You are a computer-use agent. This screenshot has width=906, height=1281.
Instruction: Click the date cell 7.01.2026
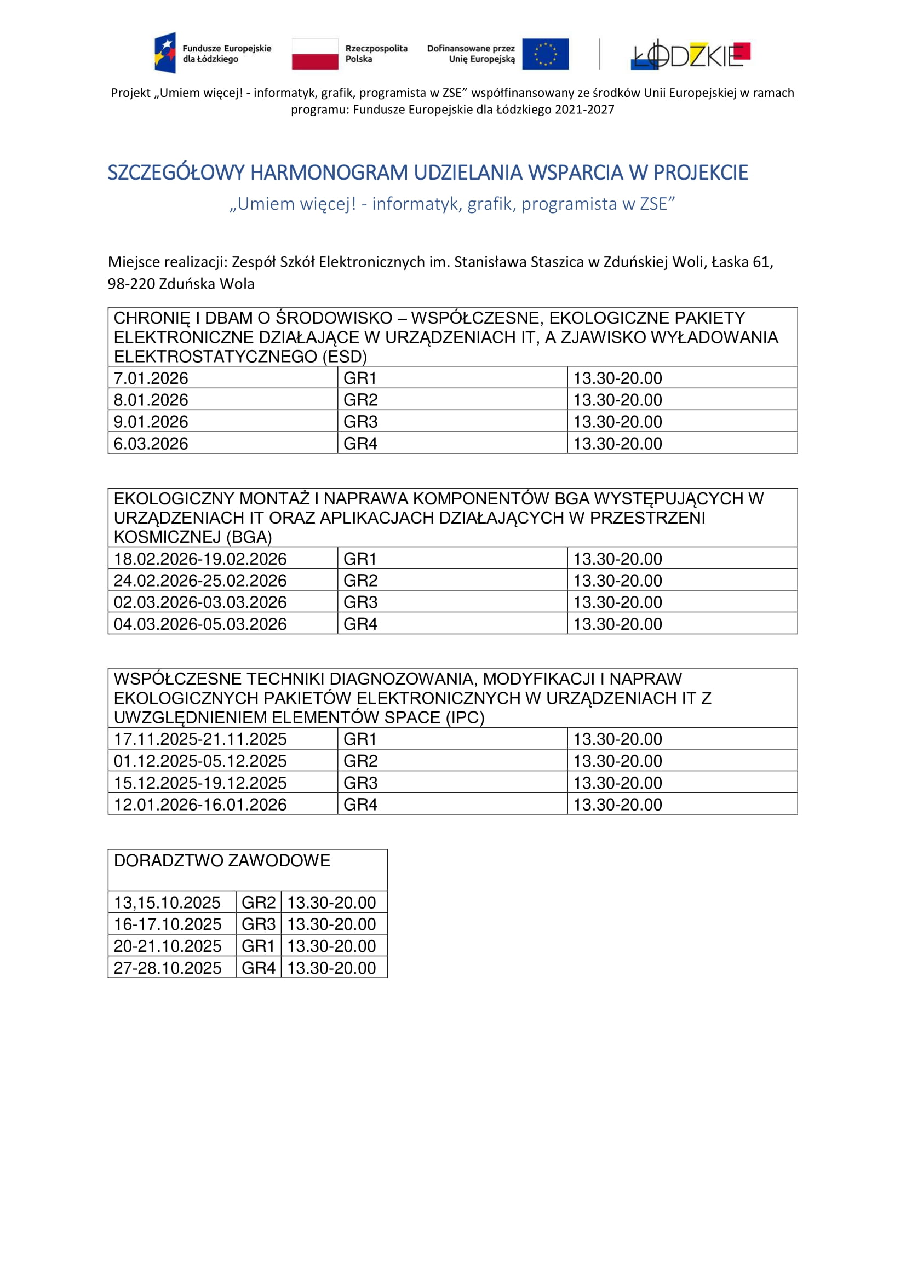click(x=151, y=378)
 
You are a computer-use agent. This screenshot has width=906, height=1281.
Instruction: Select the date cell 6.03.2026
click(x=151, y=444)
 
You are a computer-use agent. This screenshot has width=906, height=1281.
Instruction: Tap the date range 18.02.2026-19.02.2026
click(x=200, y=559)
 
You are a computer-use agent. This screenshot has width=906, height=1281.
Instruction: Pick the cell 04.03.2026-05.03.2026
click(x=200, y=624)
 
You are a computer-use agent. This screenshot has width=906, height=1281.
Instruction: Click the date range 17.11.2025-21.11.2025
click(x=200, y=739)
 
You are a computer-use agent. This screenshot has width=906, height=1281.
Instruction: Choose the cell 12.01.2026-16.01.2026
click(x=200, y=804)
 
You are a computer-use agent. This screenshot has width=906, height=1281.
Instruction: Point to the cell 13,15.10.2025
click(x=168, y=902)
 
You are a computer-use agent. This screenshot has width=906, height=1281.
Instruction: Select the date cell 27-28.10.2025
click(x=168, y=967)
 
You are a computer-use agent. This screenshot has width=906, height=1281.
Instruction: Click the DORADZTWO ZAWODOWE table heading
click(x=222, y=860)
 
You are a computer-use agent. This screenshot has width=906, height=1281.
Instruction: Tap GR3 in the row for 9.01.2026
click(x=360, y=422)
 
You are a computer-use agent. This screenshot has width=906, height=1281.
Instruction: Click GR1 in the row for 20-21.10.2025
click(x=259, y=946)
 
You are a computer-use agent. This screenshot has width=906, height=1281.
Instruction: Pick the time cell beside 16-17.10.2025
click(x=331, y=924)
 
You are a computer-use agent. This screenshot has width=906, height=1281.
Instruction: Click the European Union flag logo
click(x=545, y=54)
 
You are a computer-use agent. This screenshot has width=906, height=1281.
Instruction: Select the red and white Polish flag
click(x=314, y=54)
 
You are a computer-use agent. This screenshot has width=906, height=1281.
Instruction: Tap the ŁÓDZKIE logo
click(x=690, y=55)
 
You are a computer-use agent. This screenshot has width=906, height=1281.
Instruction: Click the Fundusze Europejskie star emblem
click(x=165, y=53)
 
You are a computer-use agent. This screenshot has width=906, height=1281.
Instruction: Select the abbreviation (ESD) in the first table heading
click(x=345, y=357)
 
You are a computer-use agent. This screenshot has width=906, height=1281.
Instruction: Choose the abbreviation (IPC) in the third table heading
click(x=465, y=717)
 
